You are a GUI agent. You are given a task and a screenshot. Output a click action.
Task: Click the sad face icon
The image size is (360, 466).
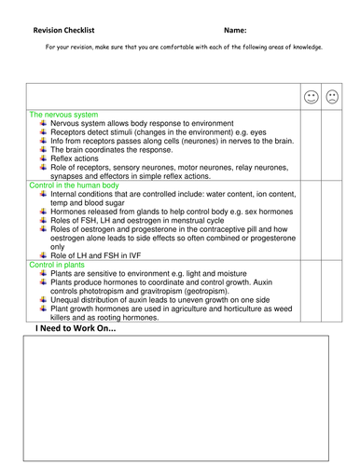tap(333, 97)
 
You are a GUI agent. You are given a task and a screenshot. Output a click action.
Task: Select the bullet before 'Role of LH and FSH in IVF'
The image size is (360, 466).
tap(43, 256)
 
